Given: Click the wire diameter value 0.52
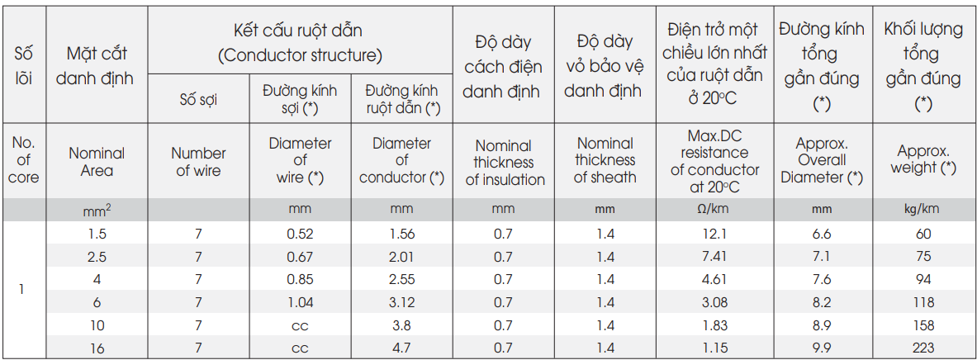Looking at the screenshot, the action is (301, 234).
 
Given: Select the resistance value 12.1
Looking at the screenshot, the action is (715, 234).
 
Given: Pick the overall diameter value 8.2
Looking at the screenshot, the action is (821, 303).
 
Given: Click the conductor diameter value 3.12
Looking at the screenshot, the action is (402, 303).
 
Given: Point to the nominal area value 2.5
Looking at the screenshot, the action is (97, 258).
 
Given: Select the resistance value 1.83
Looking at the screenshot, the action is (715, 326).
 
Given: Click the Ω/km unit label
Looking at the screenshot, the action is (715, 209).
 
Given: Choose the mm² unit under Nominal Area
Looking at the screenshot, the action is (97, 210).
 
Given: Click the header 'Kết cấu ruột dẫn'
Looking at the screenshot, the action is (298, 30).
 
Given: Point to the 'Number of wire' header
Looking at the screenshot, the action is (198, 162).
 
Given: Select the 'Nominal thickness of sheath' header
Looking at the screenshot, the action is (605, 161).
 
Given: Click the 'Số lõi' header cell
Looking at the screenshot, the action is (23, 67).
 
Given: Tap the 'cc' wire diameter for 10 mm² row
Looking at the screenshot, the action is (301, 326).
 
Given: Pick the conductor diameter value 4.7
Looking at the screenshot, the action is (402, 348).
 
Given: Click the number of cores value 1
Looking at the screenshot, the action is (21, 291).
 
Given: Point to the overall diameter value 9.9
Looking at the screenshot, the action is (821, 348).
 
